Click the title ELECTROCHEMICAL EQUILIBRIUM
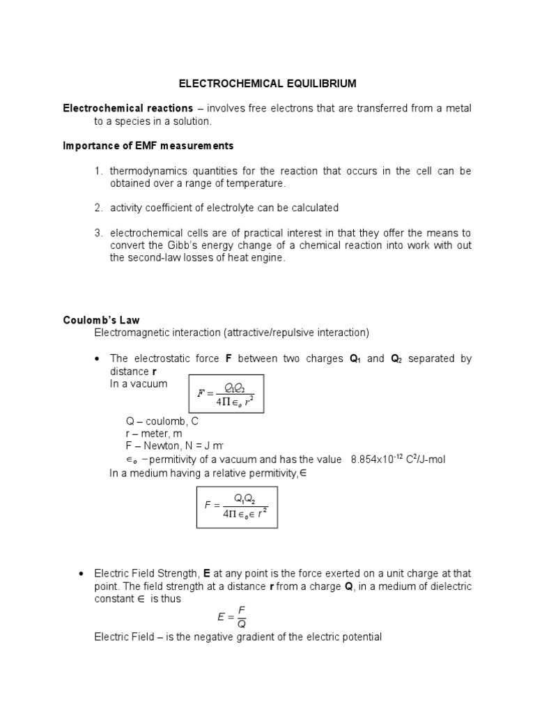(267, 84)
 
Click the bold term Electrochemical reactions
(127, 108)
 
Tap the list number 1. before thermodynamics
(99, 171)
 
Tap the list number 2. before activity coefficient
(99, 208)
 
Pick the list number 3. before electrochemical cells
(99, 233)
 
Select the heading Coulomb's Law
(101, 320)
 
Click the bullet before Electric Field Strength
(82, 574)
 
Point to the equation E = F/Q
(232, 617)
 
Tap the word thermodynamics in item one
(152, 171)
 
